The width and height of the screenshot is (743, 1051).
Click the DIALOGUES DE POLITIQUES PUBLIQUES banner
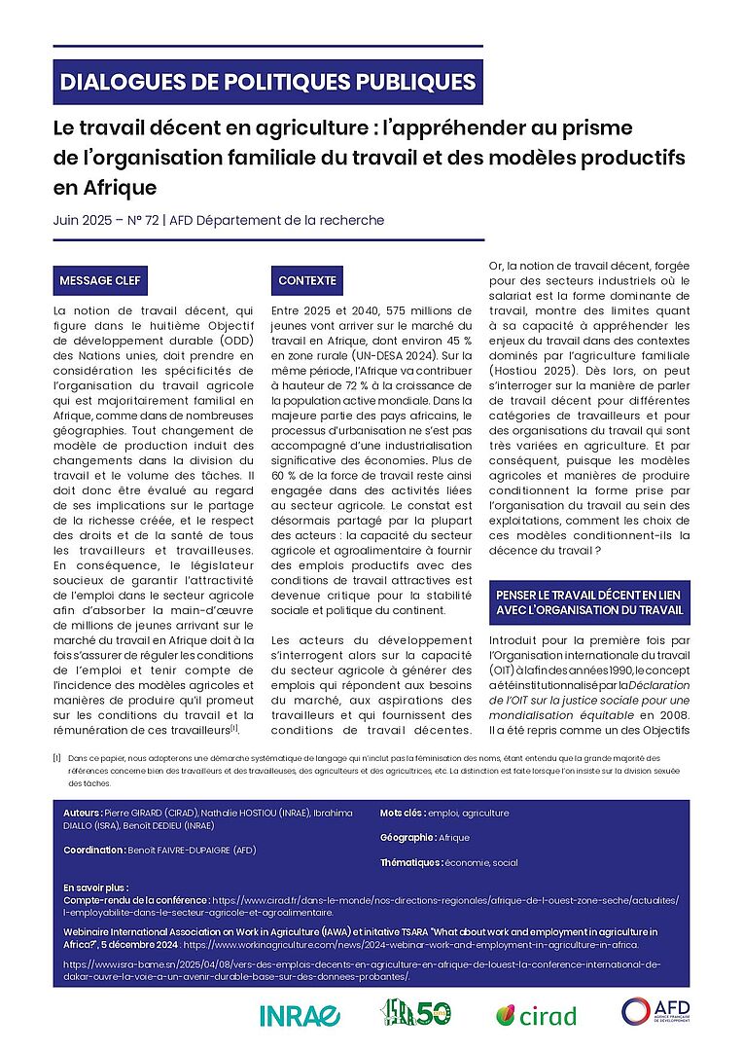pos(267,82)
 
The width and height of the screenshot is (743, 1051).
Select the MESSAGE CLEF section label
pos(100,281)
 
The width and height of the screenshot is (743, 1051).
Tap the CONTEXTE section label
pos(307,281)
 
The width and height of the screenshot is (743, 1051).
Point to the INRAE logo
pos(300,1015)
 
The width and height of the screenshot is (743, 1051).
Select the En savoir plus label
pos(95,888)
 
